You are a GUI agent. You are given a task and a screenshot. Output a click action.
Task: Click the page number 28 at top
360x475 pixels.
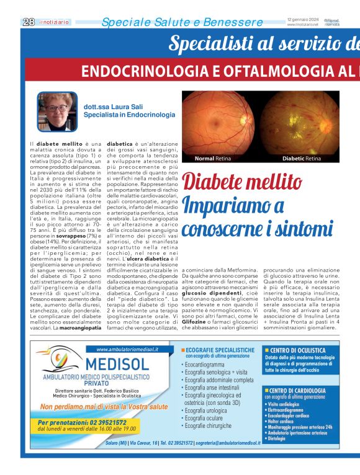(29, 22)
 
